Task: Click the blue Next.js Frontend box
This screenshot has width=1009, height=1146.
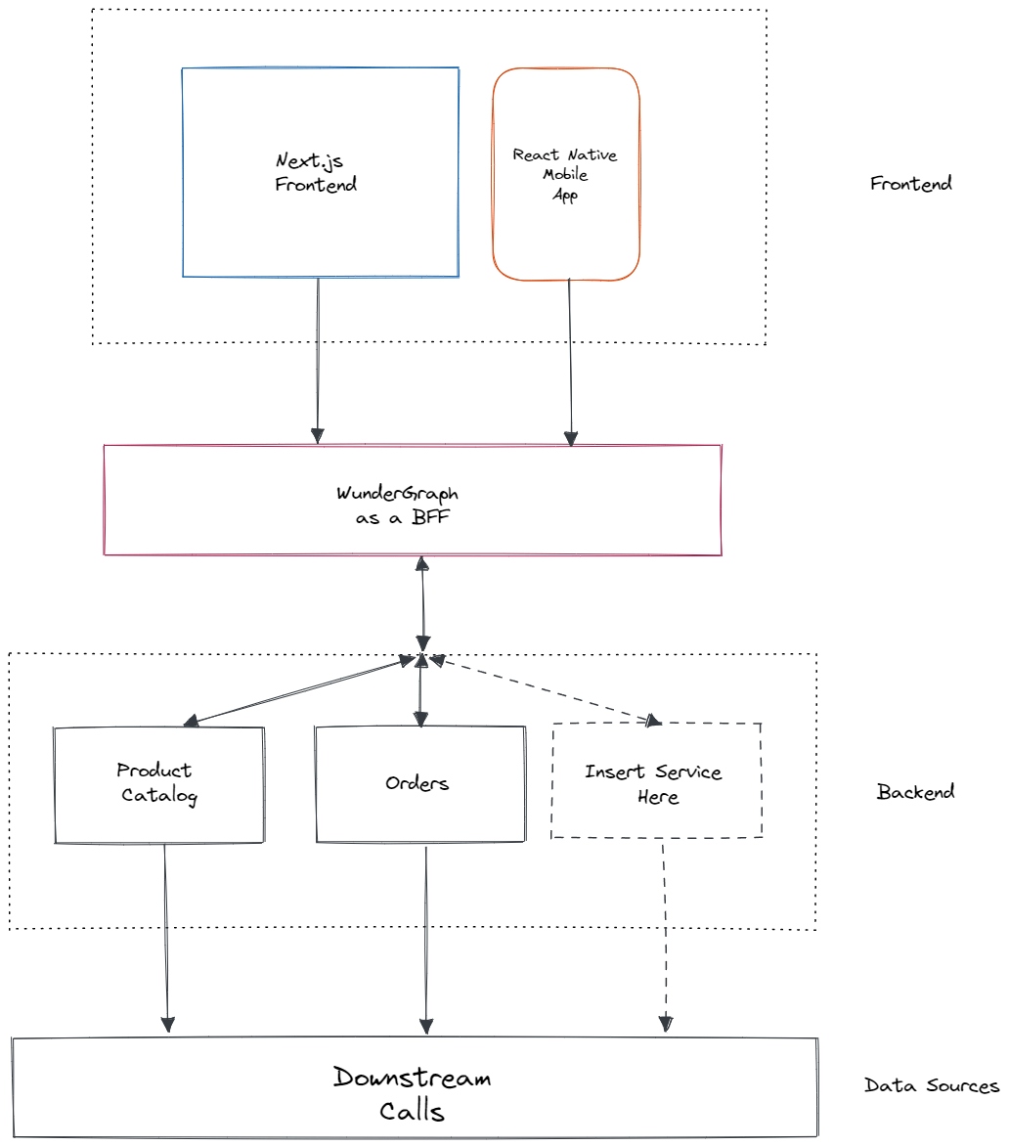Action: tap(320, 172)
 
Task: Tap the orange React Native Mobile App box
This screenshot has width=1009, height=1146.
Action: tap(566, 174)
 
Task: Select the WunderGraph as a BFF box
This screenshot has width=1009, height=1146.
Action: tap(412, 501)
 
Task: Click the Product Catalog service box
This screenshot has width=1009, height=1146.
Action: tap(158, 784)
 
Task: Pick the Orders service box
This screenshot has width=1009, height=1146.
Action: tap(419, 784)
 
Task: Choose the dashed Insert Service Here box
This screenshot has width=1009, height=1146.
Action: tap(656, 781)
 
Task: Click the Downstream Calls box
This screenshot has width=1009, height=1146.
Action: tap(415, 1087)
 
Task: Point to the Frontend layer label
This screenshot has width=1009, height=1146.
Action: tap(910, 184)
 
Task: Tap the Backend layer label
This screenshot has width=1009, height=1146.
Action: tap(915, 792)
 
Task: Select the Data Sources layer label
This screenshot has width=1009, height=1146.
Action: tap(931, 1085)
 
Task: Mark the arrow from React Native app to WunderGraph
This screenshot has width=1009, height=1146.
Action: tap(571, 362)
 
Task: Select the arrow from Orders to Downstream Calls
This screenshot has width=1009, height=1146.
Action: tap(425, 939)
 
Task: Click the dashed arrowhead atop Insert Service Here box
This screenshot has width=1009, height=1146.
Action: tap(650, 720)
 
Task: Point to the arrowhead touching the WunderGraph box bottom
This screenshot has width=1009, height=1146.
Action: tap(422, 564)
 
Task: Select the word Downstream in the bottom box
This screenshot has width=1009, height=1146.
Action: tap(412, 1078)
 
